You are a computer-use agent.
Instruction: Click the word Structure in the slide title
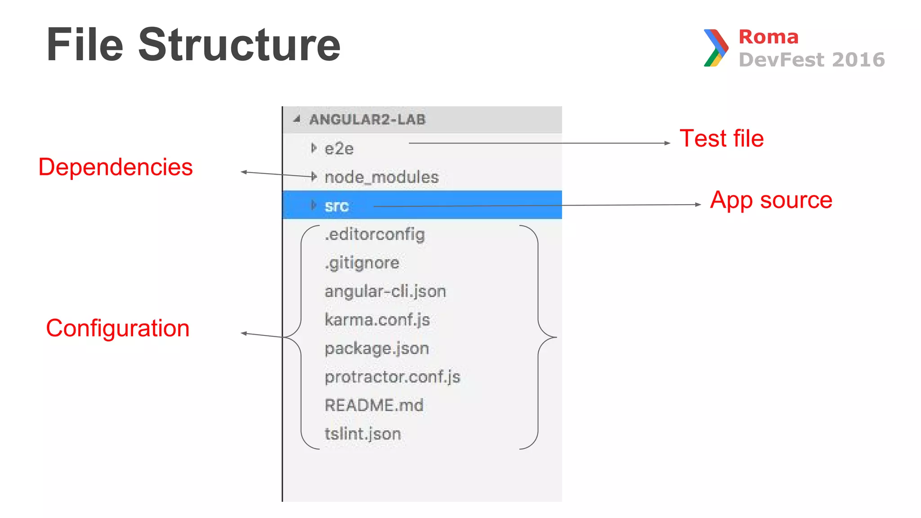239,45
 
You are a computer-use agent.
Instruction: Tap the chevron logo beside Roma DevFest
715,48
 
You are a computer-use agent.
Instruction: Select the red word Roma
768,37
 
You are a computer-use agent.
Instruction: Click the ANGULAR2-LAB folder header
367,120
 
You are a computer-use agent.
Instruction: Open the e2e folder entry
339,149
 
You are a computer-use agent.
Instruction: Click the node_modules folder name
381,177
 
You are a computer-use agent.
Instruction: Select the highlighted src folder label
336,206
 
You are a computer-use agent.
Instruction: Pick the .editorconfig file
375,234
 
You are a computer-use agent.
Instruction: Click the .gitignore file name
362,263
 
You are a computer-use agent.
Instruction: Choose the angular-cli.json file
385,291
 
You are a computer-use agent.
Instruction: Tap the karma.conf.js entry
377,320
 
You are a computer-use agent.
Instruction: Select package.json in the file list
377,348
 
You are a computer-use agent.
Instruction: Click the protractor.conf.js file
393,377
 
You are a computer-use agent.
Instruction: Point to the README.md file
374,405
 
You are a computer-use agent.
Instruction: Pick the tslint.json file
362,434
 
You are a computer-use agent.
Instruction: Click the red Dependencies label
116,167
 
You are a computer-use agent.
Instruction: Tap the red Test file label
721,138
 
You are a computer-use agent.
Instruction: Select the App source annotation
771,200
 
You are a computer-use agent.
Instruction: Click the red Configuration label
118,328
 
